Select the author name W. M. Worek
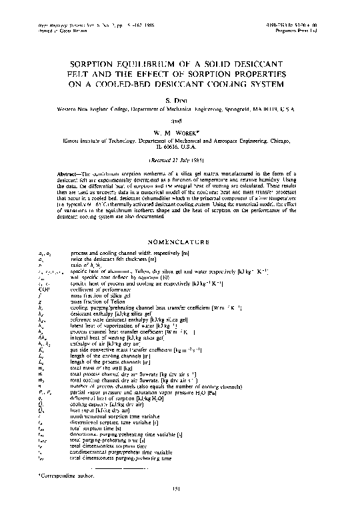(180, 132)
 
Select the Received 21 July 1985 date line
(180, 160)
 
